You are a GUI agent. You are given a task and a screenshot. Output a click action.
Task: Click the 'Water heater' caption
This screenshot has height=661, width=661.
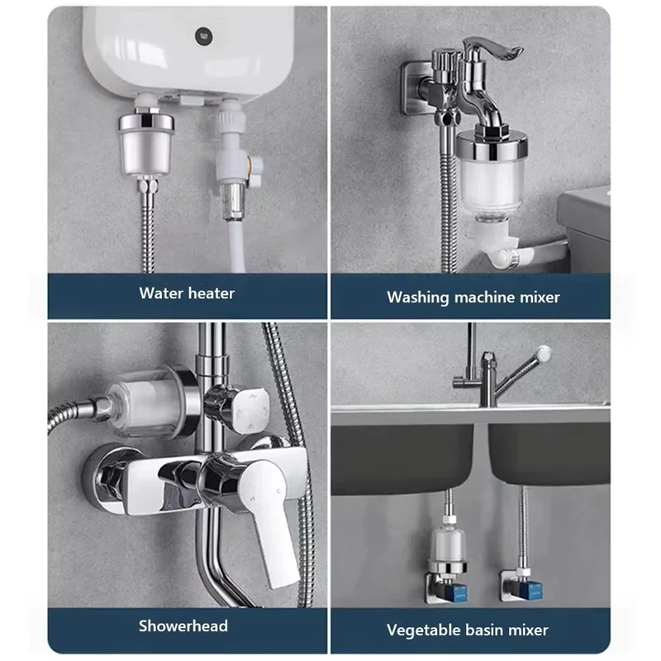[187, 293]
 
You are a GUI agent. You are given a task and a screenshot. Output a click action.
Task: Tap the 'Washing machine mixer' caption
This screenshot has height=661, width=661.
[473, 297]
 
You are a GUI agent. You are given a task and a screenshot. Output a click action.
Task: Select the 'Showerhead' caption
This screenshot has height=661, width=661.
[183, 625]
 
